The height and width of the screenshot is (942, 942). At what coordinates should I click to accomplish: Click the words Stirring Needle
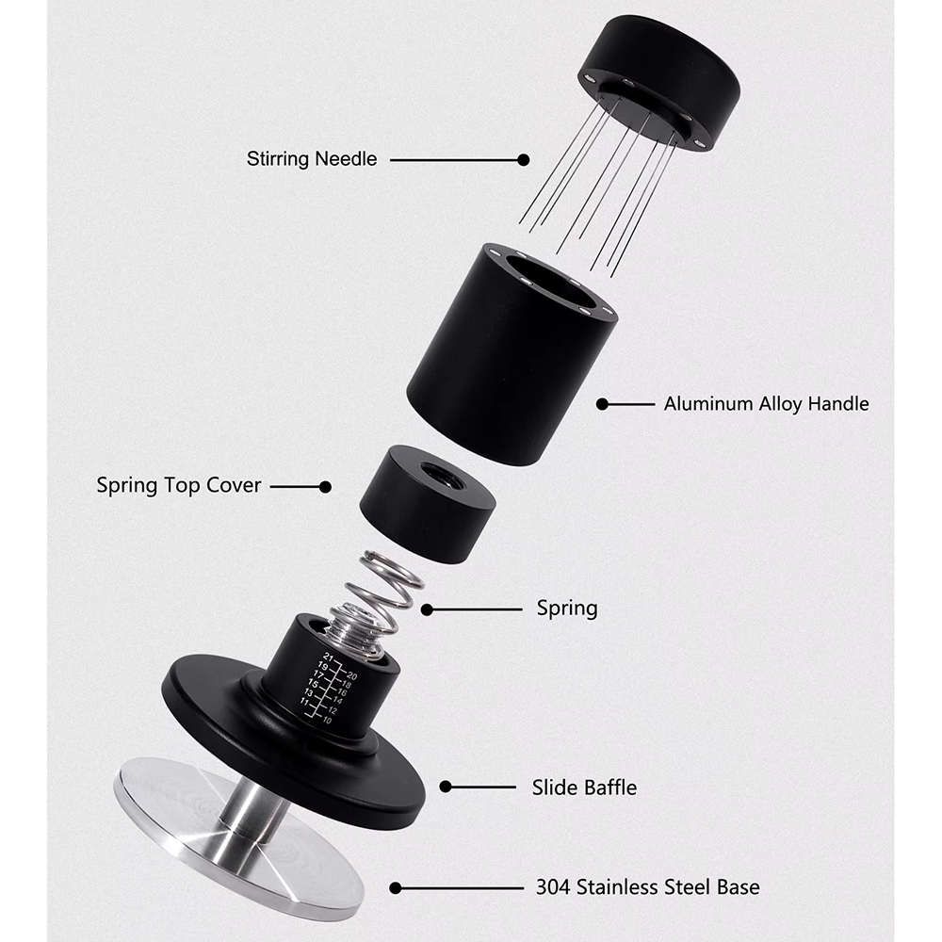(312, 159)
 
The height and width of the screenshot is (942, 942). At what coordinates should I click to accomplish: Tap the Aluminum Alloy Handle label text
(766, 404)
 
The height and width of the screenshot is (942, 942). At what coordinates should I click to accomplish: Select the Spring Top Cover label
(179, 486)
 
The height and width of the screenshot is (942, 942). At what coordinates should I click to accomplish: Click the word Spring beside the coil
(567, 609)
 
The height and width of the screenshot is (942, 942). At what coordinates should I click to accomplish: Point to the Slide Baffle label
(584, 787)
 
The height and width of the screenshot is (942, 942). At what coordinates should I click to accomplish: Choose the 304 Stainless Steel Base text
(647, 886)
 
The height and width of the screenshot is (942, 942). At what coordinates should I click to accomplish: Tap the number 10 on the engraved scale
(327, 720)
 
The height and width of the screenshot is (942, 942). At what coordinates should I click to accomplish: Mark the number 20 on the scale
(350, 675)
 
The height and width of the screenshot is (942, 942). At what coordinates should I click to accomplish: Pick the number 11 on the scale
(304, 703)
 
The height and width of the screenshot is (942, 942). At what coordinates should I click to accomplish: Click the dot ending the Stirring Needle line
(524, 160)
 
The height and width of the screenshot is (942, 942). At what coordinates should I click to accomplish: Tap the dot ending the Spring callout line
(427, 609)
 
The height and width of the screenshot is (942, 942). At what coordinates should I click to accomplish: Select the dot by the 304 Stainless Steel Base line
(396, 887)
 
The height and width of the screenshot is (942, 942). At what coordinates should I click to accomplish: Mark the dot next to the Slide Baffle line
(446, 787)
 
